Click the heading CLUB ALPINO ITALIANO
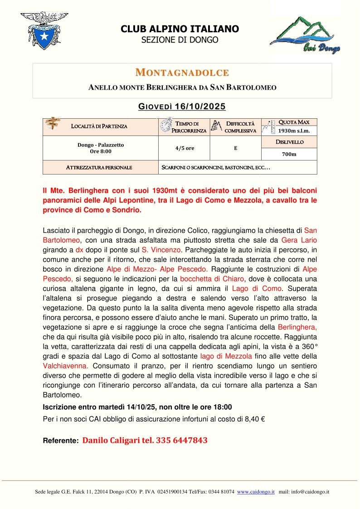point(180,29)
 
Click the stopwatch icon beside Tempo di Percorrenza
point(165,125)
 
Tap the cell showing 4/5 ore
point(185,148)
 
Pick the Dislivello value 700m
point(289,154)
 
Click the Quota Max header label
point(293,122)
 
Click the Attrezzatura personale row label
point(99,167)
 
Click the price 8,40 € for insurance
point(255,419)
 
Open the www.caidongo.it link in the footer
point(256,491)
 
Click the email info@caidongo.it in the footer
point(310,491)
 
